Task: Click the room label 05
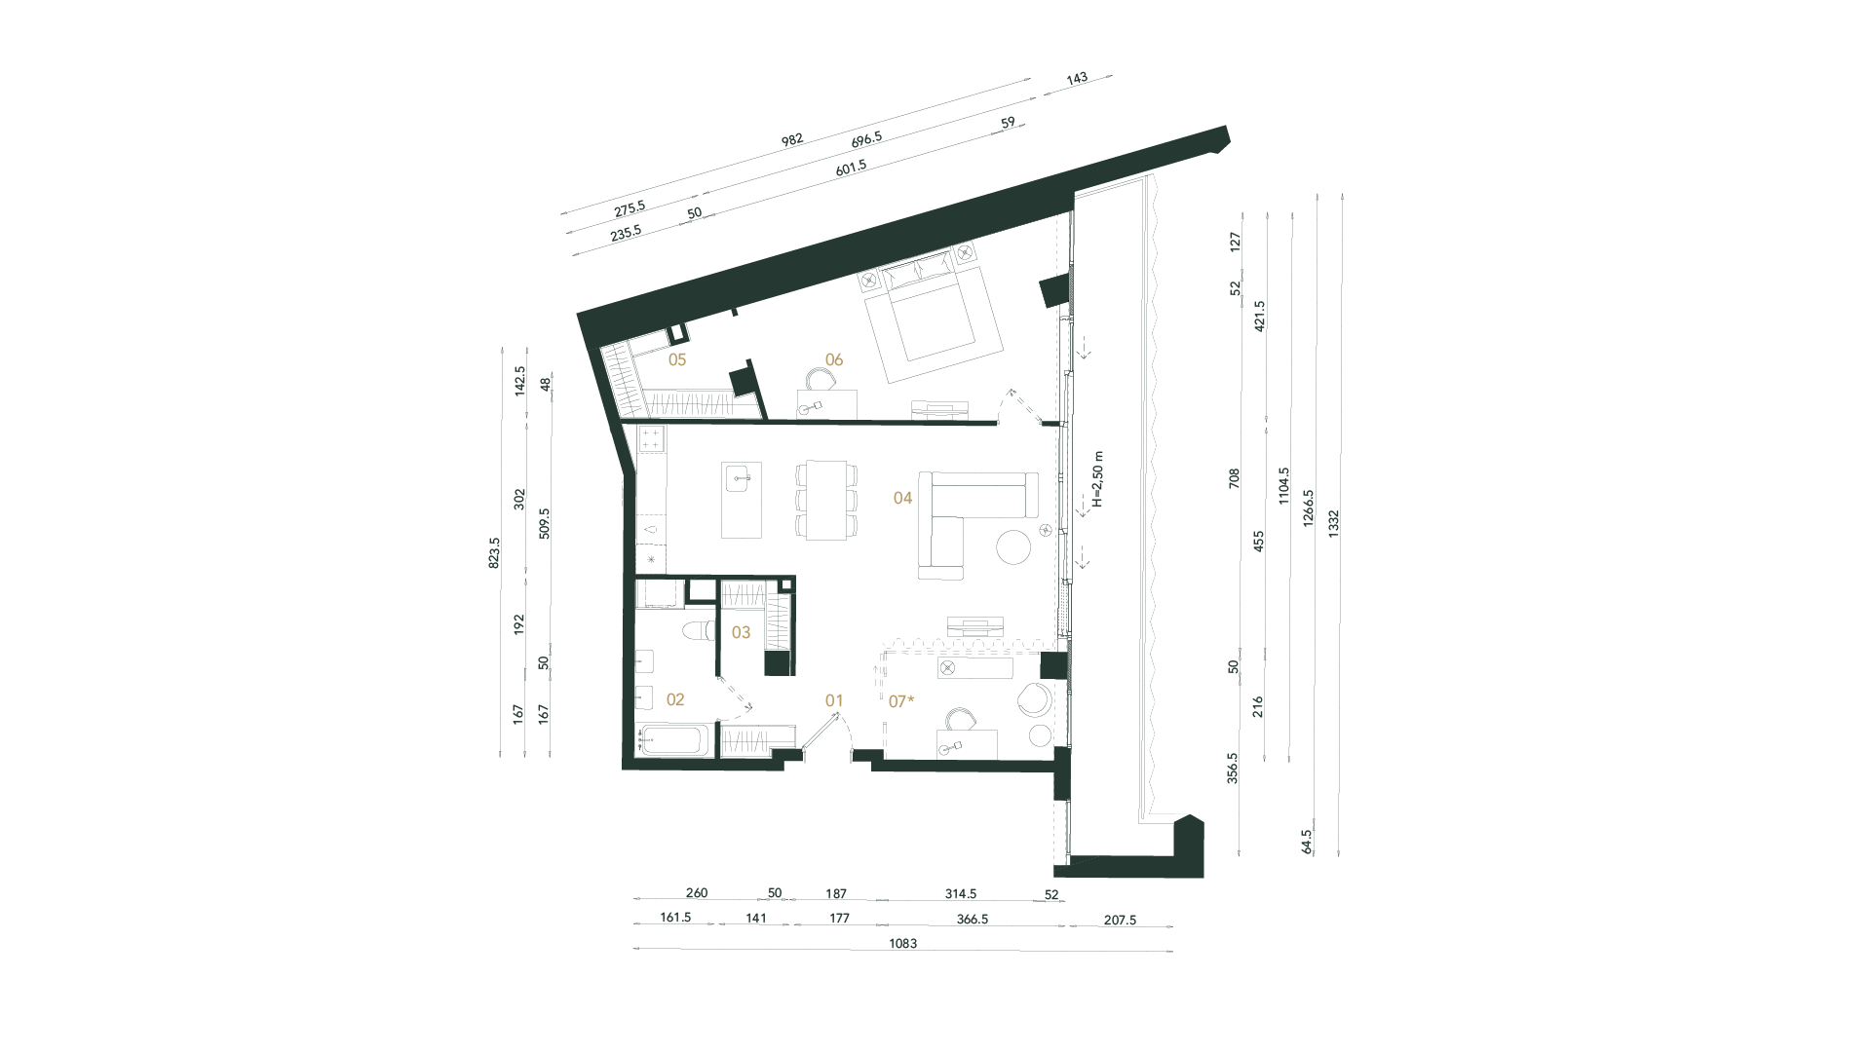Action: [x=677, y=359]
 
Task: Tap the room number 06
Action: [x=833, y=359]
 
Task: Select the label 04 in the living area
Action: [x=902, y=498]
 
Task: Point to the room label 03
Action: [x=741, y=632]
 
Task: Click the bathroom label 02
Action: [x=674, y=699]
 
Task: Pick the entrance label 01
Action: [x=833, y=699]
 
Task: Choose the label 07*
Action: [x=902, y=699]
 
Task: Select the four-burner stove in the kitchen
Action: [x=651, y=438]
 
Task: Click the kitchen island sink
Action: [x=741, y=478]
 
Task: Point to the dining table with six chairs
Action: [x=826, y=500]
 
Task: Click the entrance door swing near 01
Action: [x=836, y=731]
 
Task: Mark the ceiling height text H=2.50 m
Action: [x=1098, y=479]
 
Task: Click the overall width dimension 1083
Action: [x=902, y=944]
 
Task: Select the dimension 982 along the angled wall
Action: [x=791, y=140]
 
